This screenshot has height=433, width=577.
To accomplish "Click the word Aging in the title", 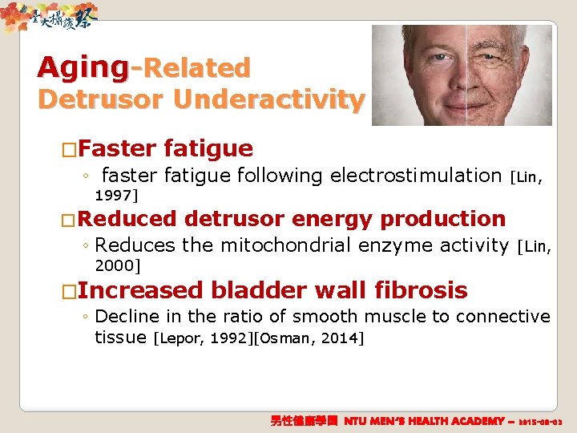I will tap(83, 67).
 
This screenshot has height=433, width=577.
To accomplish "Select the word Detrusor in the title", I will tap(105, 100).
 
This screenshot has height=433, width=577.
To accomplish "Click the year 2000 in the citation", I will tap(115, 265).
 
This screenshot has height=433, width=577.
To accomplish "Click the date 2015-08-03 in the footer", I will tap(542, 421).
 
